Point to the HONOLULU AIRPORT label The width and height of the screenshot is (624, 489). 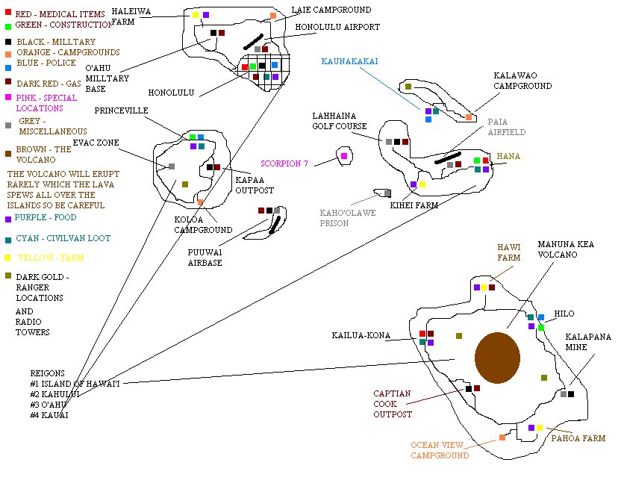click(337, 27)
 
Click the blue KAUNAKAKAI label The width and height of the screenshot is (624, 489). click(349, 61)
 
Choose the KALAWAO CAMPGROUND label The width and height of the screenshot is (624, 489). click(522, 81)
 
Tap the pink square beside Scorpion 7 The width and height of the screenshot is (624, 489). click(343, 156)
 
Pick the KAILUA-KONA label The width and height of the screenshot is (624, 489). click(361, 336)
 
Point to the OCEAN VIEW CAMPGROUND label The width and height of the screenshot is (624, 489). click(440, 450)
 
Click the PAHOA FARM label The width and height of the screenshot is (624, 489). click(578, 439)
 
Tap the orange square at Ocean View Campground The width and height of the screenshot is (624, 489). click(502, 437)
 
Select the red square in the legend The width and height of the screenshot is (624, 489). click(7, 13)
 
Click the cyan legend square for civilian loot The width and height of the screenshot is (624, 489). click(7, 239)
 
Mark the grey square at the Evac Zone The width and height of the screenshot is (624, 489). click(172, 166)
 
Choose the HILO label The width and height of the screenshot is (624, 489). click(564, 314)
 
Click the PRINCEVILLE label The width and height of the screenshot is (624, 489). click(122, 110)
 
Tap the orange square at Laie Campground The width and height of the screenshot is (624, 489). click(273, 16)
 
